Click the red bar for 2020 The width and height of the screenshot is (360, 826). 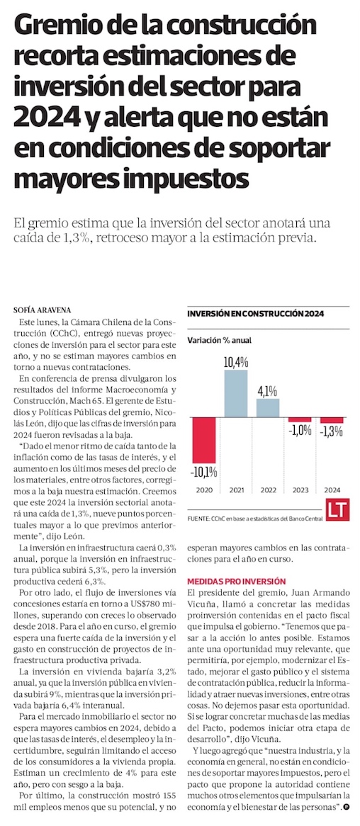click(x=203, y=440)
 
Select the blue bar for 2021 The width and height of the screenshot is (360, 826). click(x=235, y=393)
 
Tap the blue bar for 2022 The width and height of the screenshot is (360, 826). click(x=269, y=407)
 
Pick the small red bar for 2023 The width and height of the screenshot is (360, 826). click(x=300, y=419)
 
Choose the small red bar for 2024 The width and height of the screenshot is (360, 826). click(x=332, y=420)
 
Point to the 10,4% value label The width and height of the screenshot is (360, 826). click(x=236, y=362)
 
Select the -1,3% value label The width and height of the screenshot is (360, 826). click(x=332, y=431)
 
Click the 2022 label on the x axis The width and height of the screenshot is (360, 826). click(x=269, y=490)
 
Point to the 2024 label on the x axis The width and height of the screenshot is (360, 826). click(x=332, y=490)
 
